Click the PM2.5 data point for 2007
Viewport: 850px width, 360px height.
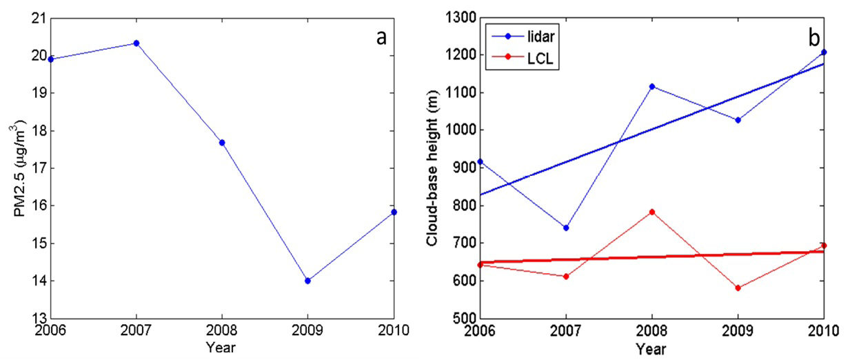click(136, 43)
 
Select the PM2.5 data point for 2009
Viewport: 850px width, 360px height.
click(307, 281)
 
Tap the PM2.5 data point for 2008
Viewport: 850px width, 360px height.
click(222, 143)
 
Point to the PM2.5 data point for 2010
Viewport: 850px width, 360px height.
click(394, 212)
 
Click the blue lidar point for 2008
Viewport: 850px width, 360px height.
click(651, 86)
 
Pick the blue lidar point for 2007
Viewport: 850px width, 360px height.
click(566, 228)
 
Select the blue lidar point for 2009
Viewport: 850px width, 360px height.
click(738, 120)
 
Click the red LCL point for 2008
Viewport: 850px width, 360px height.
click(651, 212)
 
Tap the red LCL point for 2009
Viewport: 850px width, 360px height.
click(738, 288)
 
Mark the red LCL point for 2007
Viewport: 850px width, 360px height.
click(566, 277)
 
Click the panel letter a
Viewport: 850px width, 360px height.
click(381, 37)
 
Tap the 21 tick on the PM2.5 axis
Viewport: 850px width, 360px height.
click(37, 18)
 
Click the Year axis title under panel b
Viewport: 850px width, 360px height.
click(651, 349)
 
